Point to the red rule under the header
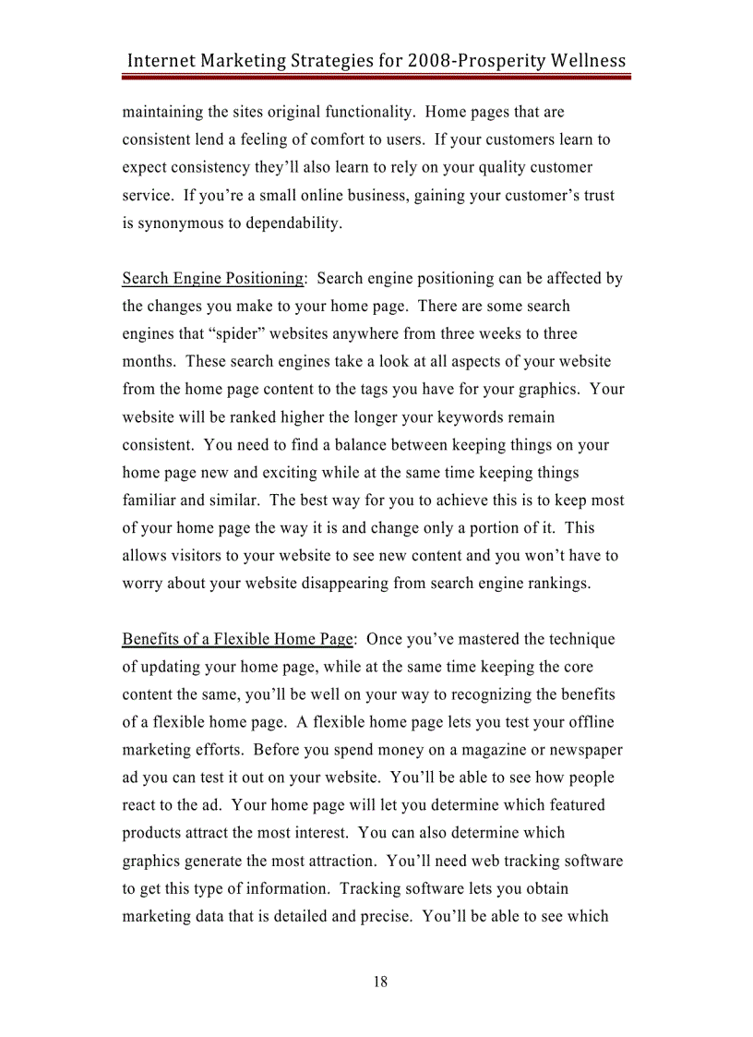376,78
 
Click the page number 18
380,982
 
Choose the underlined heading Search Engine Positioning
213,279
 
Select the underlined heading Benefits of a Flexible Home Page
238,639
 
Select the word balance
364,445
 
